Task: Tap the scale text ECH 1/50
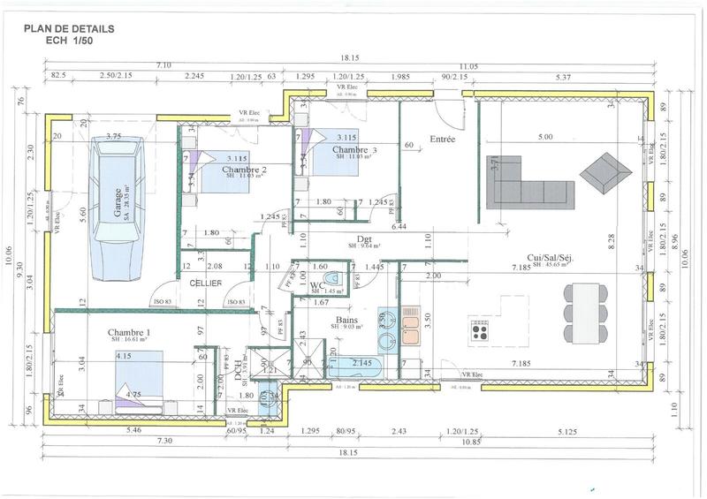57,40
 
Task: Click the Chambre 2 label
244,169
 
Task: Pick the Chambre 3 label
354,150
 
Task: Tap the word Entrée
443,140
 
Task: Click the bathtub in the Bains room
360,367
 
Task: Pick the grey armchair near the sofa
607,172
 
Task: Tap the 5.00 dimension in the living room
545,137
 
